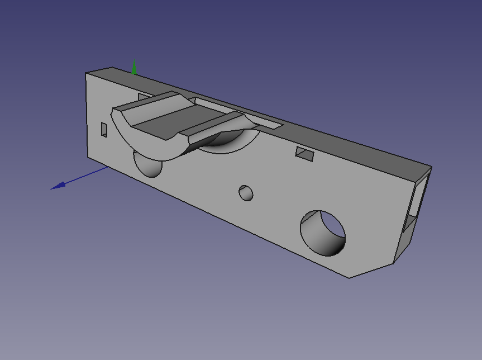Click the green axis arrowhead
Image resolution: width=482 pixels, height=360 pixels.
tap(134, 67)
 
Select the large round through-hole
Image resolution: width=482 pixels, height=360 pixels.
tap(323, 233)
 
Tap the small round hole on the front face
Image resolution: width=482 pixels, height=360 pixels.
tap(246, 193)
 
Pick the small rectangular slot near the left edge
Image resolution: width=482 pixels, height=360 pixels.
tap(104, 129)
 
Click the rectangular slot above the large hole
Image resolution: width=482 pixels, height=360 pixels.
tap(305, 154)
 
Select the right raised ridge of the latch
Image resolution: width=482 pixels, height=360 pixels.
tap(218, 126)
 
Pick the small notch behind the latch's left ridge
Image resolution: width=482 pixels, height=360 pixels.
tap(143, 96)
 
